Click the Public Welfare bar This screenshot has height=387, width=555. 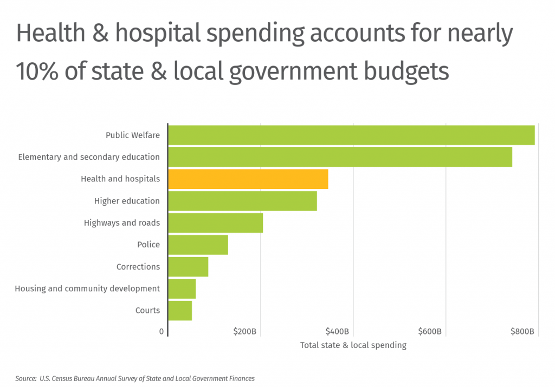(x=351, y=135)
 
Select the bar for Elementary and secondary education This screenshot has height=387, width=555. (x=340, y=157)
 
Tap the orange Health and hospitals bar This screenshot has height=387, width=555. (x=248, y=179)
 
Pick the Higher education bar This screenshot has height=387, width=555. (x=242, y=201)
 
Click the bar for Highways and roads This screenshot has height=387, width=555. (x=215, y=223)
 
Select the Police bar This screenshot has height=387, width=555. (x=198, y=245)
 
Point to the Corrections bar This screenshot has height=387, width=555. (x=188, y=267)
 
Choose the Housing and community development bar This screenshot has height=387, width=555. (x=182, y=288)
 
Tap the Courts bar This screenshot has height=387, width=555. (x=180, y=311)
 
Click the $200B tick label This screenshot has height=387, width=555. (x=244, y=331)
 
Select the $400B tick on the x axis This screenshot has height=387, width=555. (x=337, y=331)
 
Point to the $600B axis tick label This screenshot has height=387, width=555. (x=430, y=331)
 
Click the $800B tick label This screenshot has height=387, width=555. (x=522, y=331)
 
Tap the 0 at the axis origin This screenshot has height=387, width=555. (x=162, y=331)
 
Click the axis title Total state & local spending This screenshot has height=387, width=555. (x=353, y=345)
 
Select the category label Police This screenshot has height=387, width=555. (x=149, y=245)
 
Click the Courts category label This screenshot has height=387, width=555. (x=147, y=311)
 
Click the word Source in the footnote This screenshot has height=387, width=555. (x=25, y=378)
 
